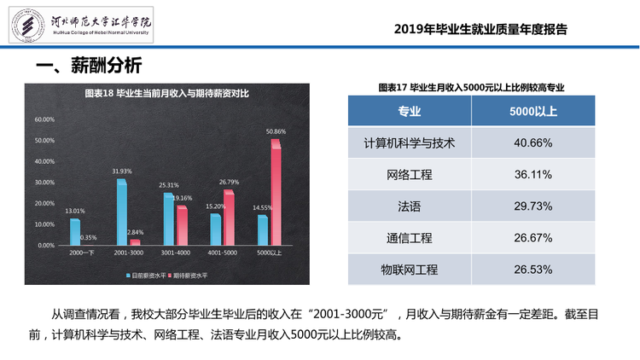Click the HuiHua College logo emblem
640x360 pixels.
[x=28, y=25]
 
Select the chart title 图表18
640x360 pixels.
[x=166, y=94]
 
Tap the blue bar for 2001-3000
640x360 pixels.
[x=122, y=212]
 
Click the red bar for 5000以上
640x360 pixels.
[x=276, y=192]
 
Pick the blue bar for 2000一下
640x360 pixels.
[x=75, y=232]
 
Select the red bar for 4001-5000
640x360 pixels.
[x=229, y=218]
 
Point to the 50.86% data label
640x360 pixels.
[x=276, y=131]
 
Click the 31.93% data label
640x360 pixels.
[x=122, y=171]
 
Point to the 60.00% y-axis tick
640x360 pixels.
[x=44, y=119]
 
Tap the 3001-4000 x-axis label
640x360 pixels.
[x=176, y=253]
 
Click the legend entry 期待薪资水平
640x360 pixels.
[x=188, y=276]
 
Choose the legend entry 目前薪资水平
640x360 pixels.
[x=146, y=276]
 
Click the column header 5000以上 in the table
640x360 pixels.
[x=533, y=111]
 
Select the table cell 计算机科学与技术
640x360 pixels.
[x=410, y=142]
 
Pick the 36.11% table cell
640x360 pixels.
[x=533, y=175]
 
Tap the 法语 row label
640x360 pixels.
[x=410, y=206]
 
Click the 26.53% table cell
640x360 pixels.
[x=533, y=270]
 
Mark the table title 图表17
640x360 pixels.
[x=471, y=87]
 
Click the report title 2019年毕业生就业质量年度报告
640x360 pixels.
[x=480, y=29]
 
